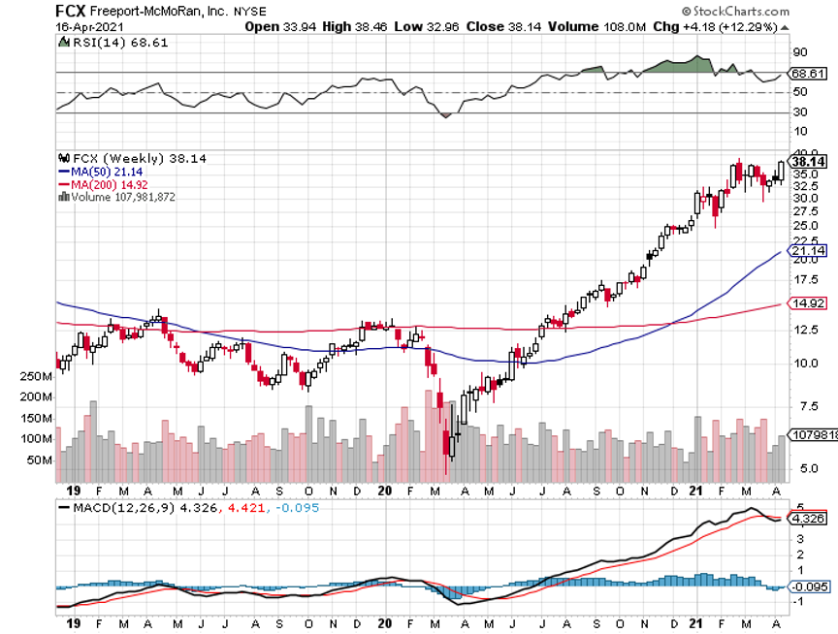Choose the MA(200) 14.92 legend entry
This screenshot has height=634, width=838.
[101, 184]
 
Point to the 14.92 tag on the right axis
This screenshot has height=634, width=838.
[809, 304]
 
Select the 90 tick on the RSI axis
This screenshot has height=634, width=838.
[800, 51]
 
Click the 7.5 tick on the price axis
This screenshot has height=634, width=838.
[801, 407]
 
